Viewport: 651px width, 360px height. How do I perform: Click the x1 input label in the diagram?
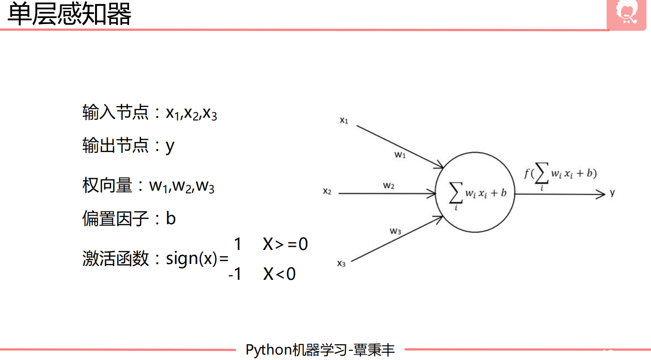tap(344, 120)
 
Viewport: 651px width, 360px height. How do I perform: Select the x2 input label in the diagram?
tap(327, 192)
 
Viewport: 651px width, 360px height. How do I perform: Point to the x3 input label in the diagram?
tap(341, 264)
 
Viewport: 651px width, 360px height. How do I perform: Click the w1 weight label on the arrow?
tap(400, 155)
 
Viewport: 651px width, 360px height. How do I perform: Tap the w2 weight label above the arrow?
tap(389, 185)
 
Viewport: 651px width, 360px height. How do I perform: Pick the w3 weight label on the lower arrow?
tap(396, 231)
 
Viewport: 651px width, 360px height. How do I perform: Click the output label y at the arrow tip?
tap(612, 192)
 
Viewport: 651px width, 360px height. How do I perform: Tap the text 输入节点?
tap(115, 113)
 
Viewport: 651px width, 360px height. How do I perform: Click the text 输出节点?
tap(115, 145)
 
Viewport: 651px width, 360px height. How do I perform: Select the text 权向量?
tap(107, 186)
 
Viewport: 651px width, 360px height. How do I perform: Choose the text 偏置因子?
tap(115, 219)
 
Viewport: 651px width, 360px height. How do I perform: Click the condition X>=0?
tap(285, 245)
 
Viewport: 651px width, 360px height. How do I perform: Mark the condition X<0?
tap(279, 274)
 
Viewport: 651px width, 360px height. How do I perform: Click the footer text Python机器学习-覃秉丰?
tap(320, 350)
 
